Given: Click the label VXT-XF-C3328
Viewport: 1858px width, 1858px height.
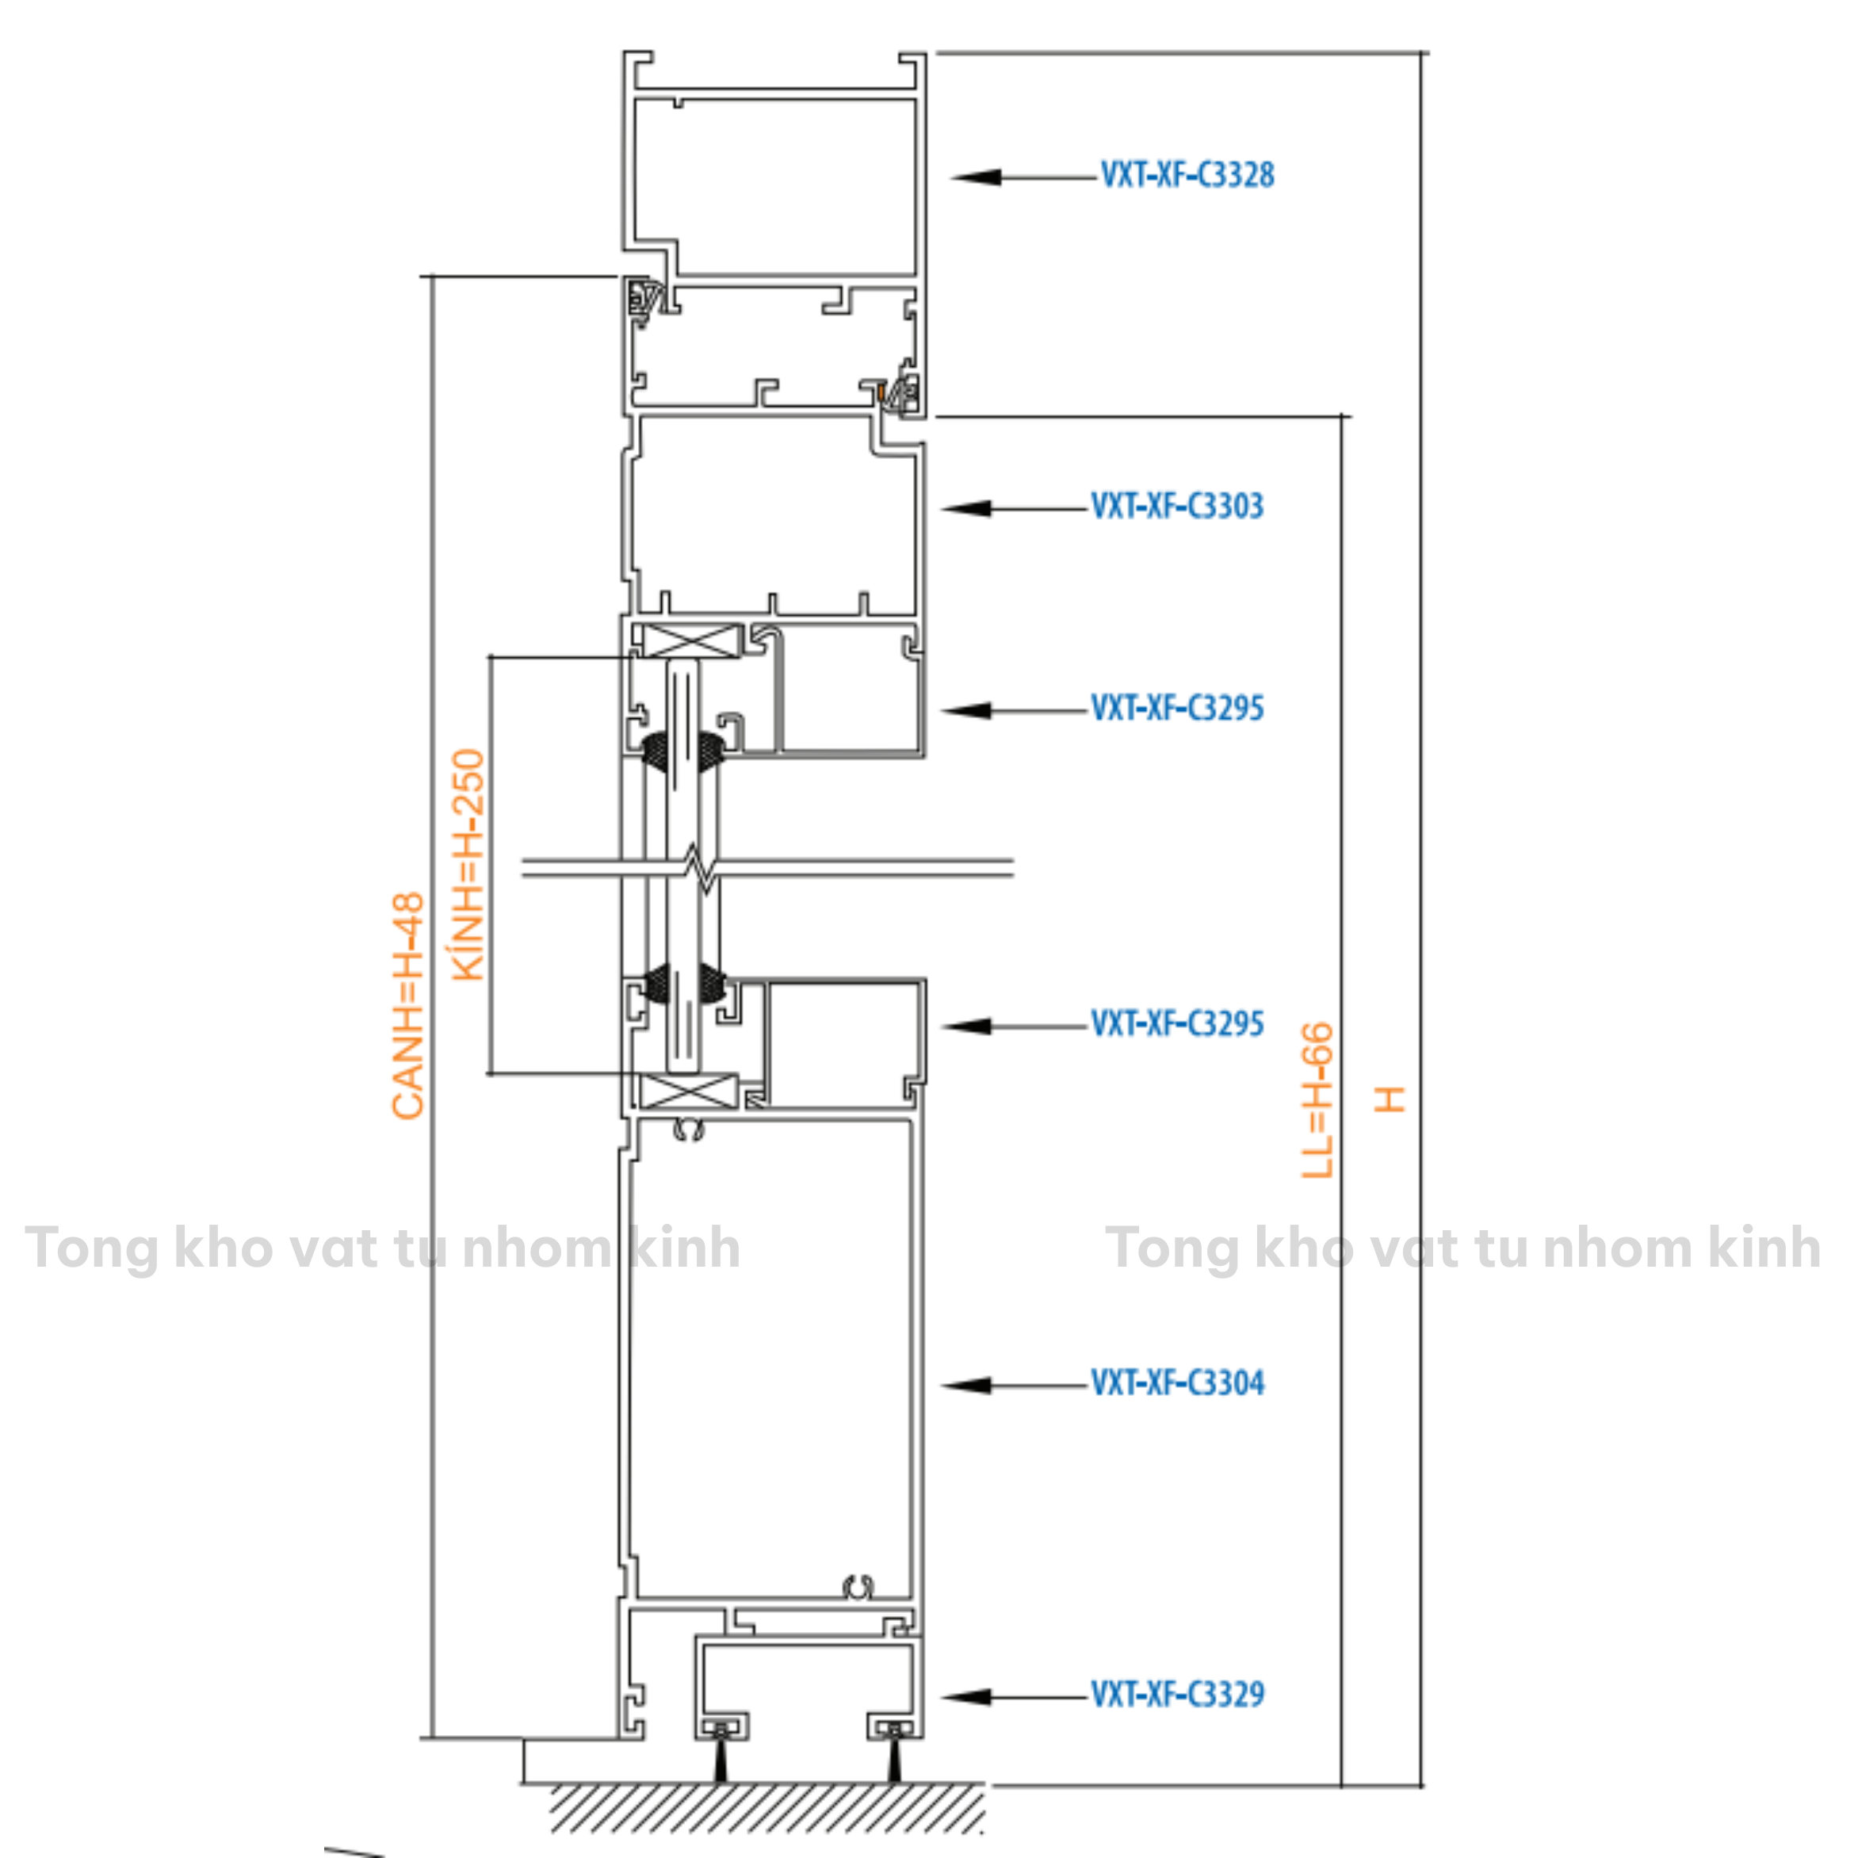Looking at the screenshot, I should (x=1187, y=175).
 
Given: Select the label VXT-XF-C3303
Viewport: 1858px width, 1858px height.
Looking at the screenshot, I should (x=1176, y=506).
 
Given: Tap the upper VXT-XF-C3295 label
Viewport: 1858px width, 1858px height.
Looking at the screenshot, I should (x=1176, y=708).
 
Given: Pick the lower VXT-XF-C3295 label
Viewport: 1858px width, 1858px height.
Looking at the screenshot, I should (x=1176, y=1023).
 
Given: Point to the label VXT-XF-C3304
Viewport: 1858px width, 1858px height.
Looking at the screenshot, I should (x=1176, y=1383).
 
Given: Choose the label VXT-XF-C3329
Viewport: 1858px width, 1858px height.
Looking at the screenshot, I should (x=1176, y=1694).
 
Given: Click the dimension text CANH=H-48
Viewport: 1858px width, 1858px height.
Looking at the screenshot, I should (x=407, y=1005).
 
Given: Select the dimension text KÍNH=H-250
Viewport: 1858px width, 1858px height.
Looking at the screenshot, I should (x=468, y=865).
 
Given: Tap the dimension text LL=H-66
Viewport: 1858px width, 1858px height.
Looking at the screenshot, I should (x=1317, y=1100).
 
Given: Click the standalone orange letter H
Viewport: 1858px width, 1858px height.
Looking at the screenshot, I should (x=1390, y=1099).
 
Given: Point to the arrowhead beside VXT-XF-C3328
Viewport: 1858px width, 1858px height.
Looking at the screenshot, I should (x=975, y=177).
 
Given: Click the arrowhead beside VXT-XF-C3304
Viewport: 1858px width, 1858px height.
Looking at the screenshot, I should (x=965, y=1385).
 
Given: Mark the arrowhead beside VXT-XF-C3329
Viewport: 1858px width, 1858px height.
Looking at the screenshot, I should (x=965, y=1696).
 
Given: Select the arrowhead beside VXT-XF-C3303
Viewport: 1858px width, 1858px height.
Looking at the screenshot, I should (x=965, y=508).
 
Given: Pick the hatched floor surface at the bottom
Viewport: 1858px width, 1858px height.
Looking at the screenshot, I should (x=767, y=1808).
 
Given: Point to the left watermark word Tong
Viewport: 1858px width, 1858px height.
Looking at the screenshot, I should (x=90, y=1249).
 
